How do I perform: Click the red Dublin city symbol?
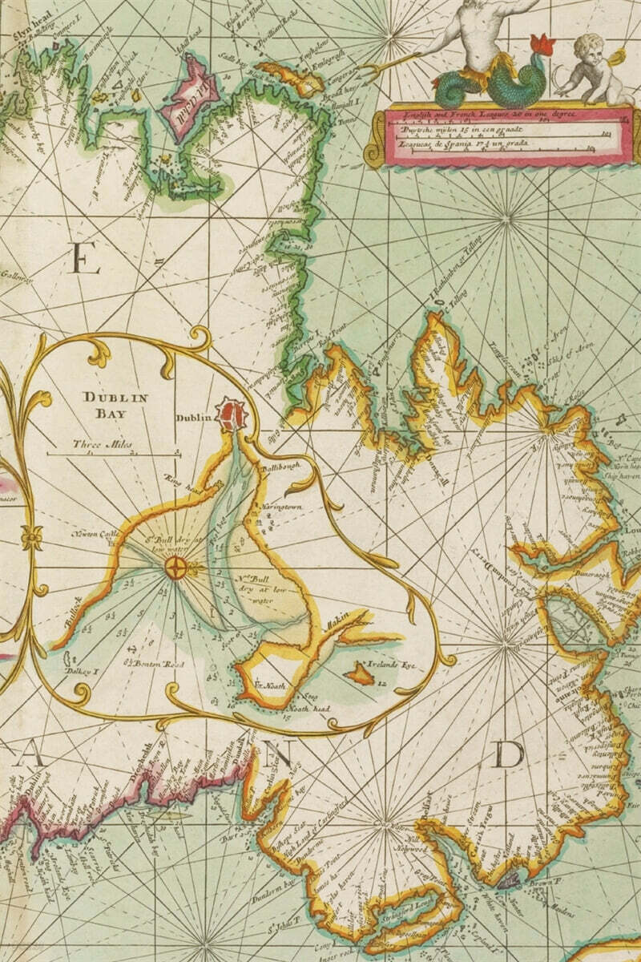(x=234, y=414)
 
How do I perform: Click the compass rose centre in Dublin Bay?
(x=176, y=568)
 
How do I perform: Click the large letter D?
(x=508, y=754)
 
